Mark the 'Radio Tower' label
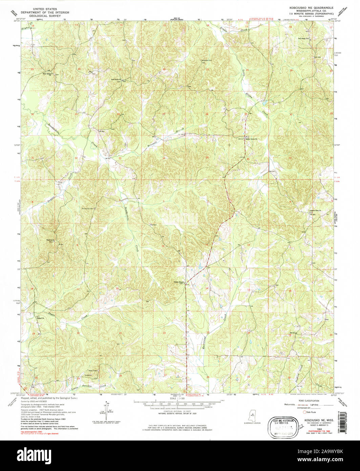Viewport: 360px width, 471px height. pos(93,371)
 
